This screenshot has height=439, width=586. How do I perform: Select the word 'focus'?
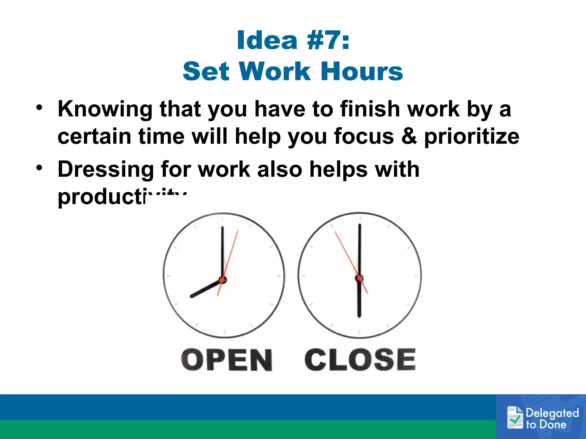(364, 136)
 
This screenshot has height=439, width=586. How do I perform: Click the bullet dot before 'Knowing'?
(39, 108)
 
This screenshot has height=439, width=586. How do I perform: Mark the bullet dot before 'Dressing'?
(39, 168)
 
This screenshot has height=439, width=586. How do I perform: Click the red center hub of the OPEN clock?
(223, 280)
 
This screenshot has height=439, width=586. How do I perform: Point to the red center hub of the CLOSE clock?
(360, 278)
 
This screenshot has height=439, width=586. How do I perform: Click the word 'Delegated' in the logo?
(552, 413)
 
